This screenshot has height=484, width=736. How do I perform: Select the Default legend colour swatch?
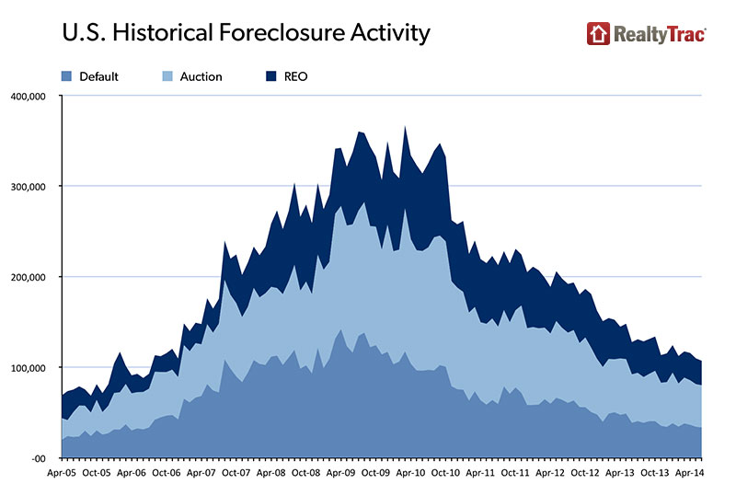(x=66, y=76)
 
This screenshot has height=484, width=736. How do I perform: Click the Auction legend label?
(x=202, y=76)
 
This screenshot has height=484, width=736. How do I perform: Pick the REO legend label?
(x=295, y=76)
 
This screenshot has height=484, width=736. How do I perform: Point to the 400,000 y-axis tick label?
(x=29, y=96)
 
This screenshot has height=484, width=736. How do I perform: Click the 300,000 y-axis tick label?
(x=29, y=186)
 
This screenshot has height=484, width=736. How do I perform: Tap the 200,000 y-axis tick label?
(x=29, y=277)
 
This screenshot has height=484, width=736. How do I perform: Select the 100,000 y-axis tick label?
(x=29, y=367)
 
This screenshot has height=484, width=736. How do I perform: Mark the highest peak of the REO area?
(x=405, y=127)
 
